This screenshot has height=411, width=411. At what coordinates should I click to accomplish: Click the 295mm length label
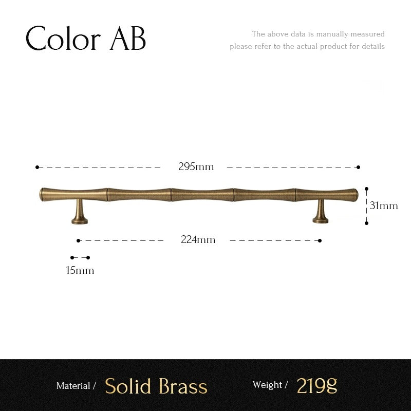point(196,167)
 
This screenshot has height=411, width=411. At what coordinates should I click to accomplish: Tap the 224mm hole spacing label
point(198,240)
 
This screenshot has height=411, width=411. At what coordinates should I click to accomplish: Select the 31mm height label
point(384,206)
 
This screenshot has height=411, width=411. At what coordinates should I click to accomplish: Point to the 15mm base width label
point(80,270)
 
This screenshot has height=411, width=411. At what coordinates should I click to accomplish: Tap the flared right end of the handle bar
point(354,194)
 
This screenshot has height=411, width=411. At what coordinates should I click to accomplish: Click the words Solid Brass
point(156,386)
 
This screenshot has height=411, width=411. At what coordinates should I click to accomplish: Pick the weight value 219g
point(317,385)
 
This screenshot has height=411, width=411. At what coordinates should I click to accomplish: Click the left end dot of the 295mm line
point(37,167)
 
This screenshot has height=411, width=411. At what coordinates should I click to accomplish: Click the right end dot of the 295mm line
point(358,167)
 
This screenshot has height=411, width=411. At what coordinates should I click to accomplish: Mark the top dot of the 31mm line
point(366,189)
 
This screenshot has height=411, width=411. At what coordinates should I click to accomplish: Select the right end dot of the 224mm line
point(320,240)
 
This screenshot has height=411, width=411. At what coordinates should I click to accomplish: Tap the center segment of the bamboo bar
point(202,194)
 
